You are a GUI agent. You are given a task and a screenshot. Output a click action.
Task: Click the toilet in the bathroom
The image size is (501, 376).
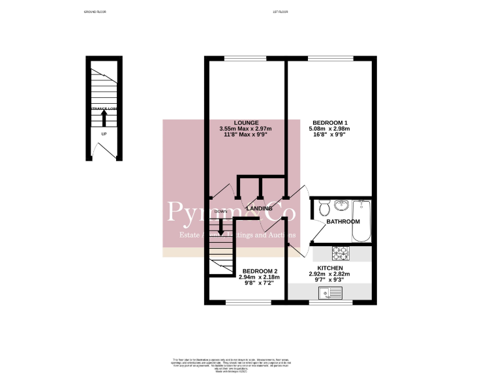pos(324,208)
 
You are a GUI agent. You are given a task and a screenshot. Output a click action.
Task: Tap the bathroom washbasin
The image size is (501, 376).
pos(341,206)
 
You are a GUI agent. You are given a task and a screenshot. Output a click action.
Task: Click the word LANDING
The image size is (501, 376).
pos(260,209)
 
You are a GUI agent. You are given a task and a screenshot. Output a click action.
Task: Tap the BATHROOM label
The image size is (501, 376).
pos(343,222)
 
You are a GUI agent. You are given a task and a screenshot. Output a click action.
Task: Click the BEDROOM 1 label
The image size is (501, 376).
pos(329,123)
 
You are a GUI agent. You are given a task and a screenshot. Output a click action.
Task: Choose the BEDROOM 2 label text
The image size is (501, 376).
pos(260,271)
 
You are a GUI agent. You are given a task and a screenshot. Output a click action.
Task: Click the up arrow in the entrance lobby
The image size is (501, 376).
pos(103,118)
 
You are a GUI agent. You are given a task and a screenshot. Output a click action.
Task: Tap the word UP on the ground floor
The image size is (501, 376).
pos(103,134)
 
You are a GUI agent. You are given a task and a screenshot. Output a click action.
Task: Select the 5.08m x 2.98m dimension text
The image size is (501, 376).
pos(329,129)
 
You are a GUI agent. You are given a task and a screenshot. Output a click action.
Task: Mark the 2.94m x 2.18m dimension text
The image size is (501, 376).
pos(260,277)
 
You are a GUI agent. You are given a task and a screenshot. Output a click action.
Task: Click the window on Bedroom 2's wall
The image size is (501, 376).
pos(245,302)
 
